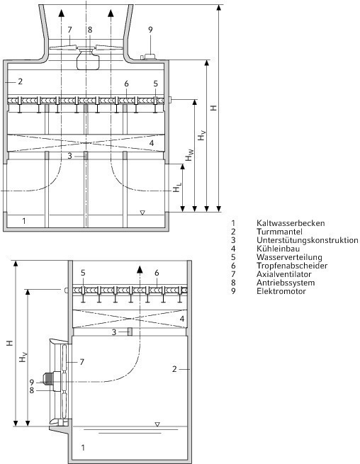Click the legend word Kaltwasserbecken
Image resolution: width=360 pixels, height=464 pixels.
pos(291,223)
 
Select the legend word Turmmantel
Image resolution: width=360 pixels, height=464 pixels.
pos(279,232)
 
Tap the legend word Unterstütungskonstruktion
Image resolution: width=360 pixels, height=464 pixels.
pos(308,240)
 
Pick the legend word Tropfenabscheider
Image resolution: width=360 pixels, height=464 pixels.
pos(292,266)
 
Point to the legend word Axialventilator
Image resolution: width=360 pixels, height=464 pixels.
pos(284,274)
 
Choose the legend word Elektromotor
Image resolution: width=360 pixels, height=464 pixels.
pos(281,291)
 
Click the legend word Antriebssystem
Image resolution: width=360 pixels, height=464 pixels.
pos(286,283)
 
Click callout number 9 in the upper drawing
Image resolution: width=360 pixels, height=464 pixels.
pos(150,30)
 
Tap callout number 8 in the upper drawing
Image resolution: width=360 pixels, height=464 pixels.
pos(90,30)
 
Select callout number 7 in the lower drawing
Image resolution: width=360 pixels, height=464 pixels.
pos(82,361)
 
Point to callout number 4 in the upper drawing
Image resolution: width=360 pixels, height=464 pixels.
pos(152,143)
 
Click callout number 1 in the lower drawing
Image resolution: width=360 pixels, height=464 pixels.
pos(83,448)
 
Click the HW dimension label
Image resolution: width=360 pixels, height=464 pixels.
pos(190,155)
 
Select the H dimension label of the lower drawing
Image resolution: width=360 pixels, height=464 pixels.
pos(11,344)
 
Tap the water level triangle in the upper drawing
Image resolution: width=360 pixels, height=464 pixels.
pos(142,213)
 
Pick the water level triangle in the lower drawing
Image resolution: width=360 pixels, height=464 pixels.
pos(157,424)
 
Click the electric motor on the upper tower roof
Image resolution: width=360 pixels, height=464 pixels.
pos(149,57)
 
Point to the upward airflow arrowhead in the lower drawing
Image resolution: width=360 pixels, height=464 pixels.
pos(140,269)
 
